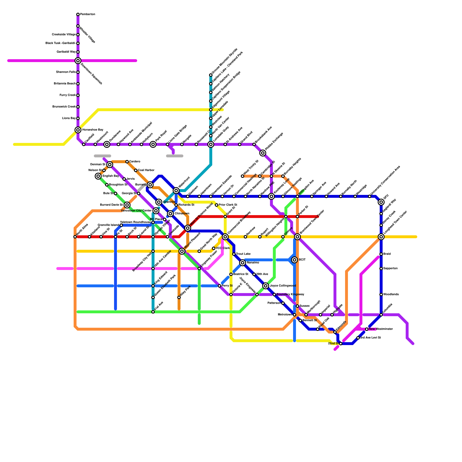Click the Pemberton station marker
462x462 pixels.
coord(78,14)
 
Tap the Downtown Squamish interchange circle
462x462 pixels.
coord(78,61)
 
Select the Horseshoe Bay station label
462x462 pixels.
coord(93,130)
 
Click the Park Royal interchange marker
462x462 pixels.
coord(153,144)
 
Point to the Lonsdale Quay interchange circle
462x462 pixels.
coord(211,144)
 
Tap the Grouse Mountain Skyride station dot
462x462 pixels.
coord(211,75)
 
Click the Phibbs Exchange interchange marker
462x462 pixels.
coord(263,153)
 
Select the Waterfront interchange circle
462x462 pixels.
coord(176,191)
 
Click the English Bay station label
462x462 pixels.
coord(111,176)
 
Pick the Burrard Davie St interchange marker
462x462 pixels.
coord(127,205)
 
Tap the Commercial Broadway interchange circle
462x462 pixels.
coord(225,237)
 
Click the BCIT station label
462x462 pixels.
coord(302,260)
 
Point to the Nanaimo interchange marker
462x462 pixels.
coord(243,263)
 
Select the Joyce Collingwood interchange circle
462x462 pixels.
coord(266,286)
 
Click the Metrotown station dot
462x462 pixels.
coord(295,315)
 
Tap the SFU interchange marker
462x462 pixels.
coord(381,202)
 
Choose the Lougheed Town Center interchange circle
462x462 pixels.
coord(381,237)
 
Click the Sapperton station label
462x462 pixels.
coord(390,269)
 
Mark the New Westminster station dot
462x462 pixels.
coord(367,329)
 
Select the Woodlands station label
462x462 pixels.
coord(391,295)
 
